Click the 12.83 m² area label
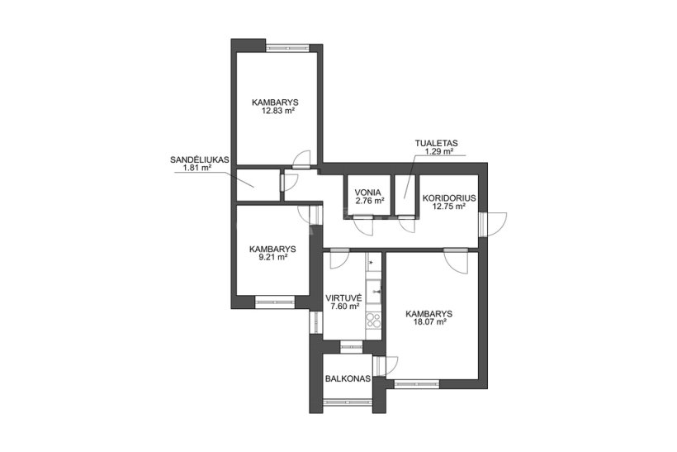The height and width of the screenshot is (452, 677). [x=277, y=111]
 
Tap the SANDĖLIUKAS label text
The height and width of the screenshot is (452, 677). [x=199, y=159]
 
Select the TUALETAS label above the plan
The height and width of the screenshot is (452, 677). [x=437, y=143]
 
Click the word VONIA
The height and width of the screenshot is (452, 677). [x=367, y=193]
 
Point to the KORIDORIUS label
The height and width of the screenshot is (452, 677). [x=449, y=198]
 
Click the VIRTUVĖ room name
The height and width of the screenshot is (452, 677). [x=343, y=298]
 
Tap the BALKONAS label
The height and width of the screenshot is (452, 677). [x=348, y=379]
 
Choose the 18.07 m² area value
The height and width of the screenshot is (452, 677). [x=428, y=322]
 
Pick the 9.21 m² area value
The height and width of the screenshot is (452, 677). [x=272, y=257]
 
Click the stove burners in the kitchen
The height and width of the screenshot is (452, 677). [x=373, y=321]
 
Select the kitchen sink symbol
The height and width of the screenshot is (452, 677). [x=374, y=292]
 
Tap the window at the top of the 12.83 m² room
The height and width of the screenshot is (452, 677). [x=287, y=48]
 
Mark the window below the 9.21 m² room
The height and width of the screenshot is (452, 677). [x=275, y=302]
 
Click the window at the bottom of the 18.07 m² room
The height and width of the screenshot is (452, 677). [x=417, y=383]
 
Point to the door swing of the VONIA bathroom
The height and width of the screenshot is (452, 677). [x=362, y=225]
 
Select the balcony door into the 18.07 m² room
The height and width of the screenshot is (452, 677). [x=385, y=366]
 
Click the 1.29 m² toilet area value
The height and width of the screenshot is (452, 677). [x=439, y=151]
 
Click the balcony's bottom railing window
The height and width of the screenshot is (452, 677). [x=348, y=402]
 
